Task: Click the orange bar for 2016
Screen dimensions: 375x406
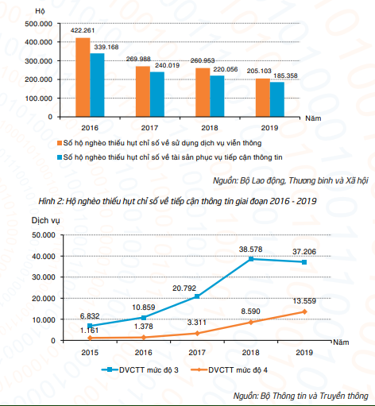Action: point(83,77)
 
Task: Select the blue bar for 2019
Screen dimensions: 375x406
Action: point(277,99)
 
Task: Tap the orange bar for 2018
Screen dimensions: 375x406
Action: point(203,92)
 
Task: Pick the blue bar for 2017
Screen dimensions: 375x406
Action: point(157,95)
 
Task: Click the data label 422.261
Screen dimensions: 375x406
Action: point(83,30)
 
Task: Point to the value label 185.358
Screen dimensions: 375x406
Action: point(285,75)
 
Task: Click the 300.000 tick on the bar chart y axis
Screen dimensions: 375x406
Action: point(39,61)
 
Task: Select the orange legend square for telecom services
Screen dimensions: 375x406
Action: point(60,143)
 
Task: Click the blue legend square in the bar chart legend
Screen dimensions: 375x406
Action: point(60,157)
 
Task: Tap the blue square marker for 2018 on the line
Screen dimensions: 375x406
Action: point(251,259)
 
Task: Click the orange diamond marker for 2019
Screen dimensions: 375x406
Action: point(304,311)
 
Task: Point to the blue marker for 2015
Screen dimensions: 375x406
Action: point(90,326)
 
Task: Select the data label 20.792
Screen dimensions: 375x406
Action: point(184,288)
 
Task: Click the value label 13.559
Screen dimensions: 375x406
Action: point(304,301)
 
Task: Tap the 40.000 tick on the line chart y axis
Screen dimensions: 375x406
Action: point(44,256)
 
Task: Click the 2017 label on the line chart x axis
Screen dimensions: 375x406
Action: point(197,353)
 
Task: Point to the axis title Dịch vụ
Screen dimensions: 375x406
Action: point(45,220)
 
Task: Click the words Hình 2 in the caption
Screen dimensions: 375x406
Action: point(50,201)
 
